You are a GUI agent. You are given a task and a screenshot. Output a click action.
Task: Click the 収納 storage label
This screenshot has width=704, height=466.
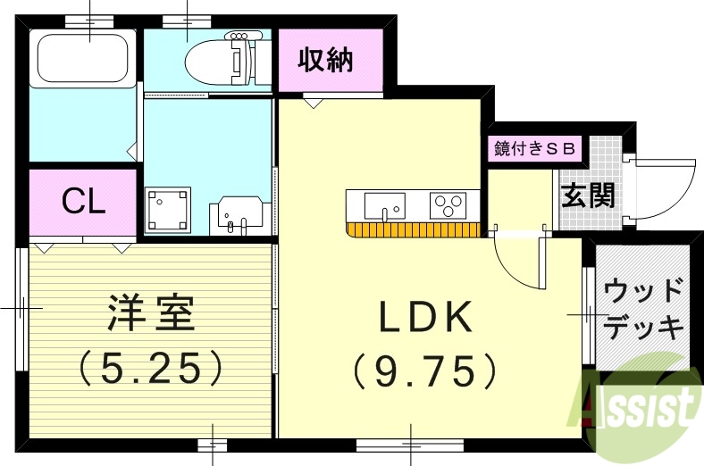(x=325, y=61)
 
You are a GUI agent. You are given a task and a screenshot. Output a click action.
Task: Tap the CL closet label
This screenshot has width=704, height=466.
(x=83, y=201)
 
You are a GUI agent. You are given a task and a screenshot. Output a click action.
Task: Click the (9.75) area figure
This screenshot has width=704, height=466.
(x=423, y=370)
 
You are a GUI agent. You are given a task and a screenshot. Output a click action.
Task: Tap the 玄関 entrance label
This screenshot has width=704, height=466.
(x=587, y=195)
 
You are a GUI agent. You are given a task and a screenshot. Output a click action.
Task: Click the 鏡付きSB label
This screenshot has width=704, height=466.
(x=536, y=148)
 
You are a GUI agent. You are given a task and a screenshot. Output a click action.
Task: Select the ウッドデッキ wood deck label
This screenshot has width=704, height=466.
(x=643, y=308)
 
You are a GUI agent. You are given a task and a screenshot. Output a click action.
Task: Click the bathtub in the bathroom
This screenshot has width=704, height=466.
(x=82, y=58)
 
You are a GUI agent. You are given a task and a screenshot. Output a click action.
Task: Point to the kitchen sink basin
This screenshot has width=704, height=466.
(x=384, y=205)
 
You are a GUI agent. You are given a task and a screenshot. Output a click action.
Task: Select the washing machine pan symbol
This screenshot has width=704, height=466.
(x=168, y=210)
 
